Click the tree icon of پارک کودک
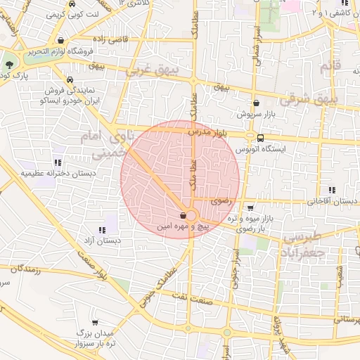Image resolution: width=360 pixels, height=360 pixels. pyautogui.click(x=9, y=64)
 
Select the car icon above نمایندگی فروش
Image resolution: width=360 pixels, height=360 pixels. pyautogui.click(x=71, y=80)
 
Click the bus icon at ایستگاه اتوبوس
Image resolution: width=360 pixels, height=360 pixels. pyautogui.click(x=260, y=138)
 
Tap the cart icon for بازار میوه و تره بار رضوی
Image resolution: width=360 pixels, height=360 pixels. pyautogui.click(x=251, y=207)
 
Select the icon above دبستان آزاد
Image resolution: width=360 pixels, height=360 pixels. pyautogui.click(x=103, y=229)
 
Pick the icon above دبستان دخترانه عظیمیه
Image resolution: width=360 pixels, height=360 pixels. pyautogui.click(x=58, y=162)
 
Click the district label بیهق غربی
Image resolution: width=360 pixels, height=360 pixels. pyautogui.click(x=149, y=71)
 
